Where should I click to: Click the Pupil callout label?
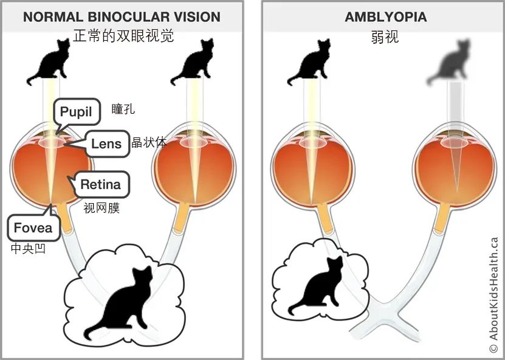coord(77,112)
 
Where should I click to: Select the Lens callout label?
coord(106,144)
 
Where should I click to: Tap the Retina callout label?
coord(100,184)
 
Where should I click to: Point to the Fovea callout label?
coord(33,228)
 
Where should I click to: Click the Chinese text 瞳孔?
coord(123,109)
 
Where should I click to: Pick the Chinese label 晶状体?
coord(149,142)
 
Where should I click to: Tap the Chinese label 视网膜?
coord(101,208)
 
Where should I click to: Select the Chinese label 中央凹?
coord(28,248)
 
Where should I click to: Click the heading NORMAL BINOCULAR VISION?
coord(122,17)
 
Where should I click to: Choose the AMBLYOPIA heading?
coord(385,17)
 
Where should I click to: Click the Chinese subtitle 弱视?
coord(385,37)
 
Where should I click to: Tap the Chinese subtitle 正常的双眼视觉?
coord(123,36)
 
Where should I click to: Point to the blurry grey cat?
coord(448,62)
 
